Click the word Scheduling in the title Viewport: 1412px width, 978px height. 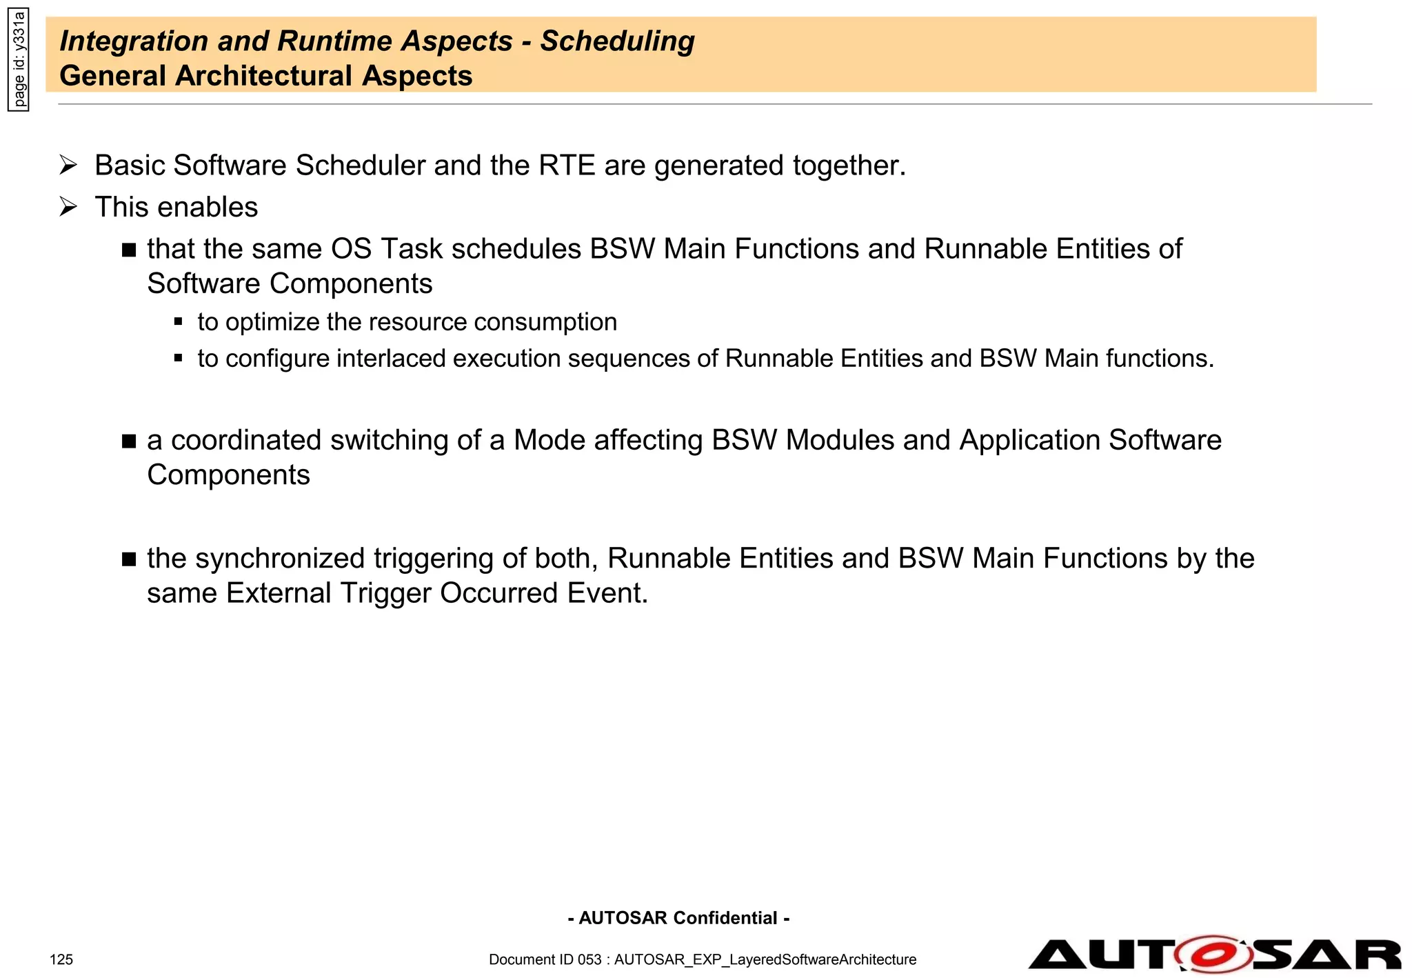click(x=617, y=41)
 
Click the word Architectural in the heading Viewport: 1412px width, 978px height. click(x=265, y=76)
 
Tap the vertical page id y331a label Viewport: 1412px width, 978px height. click(x=19, y=59)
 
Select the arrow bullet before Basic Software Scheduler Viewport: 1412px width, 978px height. click(x=68, y=166)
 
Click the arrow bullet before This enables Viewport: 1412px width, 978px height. click(x=68, y=207)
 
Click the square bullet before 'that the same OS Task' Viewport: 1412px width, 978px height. click(x=129, y=250)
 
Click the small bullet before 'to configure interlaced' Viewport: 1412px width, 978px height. click(x=179, y=358)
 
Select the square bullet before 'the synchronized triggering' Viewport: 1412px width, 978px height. click(x=129, y=559)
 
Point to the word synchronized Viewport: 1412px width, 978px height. click(x=280, y=559)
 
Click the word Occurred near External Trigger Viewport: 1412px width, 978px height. click(x=498, y=593)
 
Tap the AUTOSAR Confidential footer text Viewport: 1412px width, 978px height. click(x=678, y=918)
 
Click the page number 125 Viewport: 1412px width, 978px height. click(x=61, y=959)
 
